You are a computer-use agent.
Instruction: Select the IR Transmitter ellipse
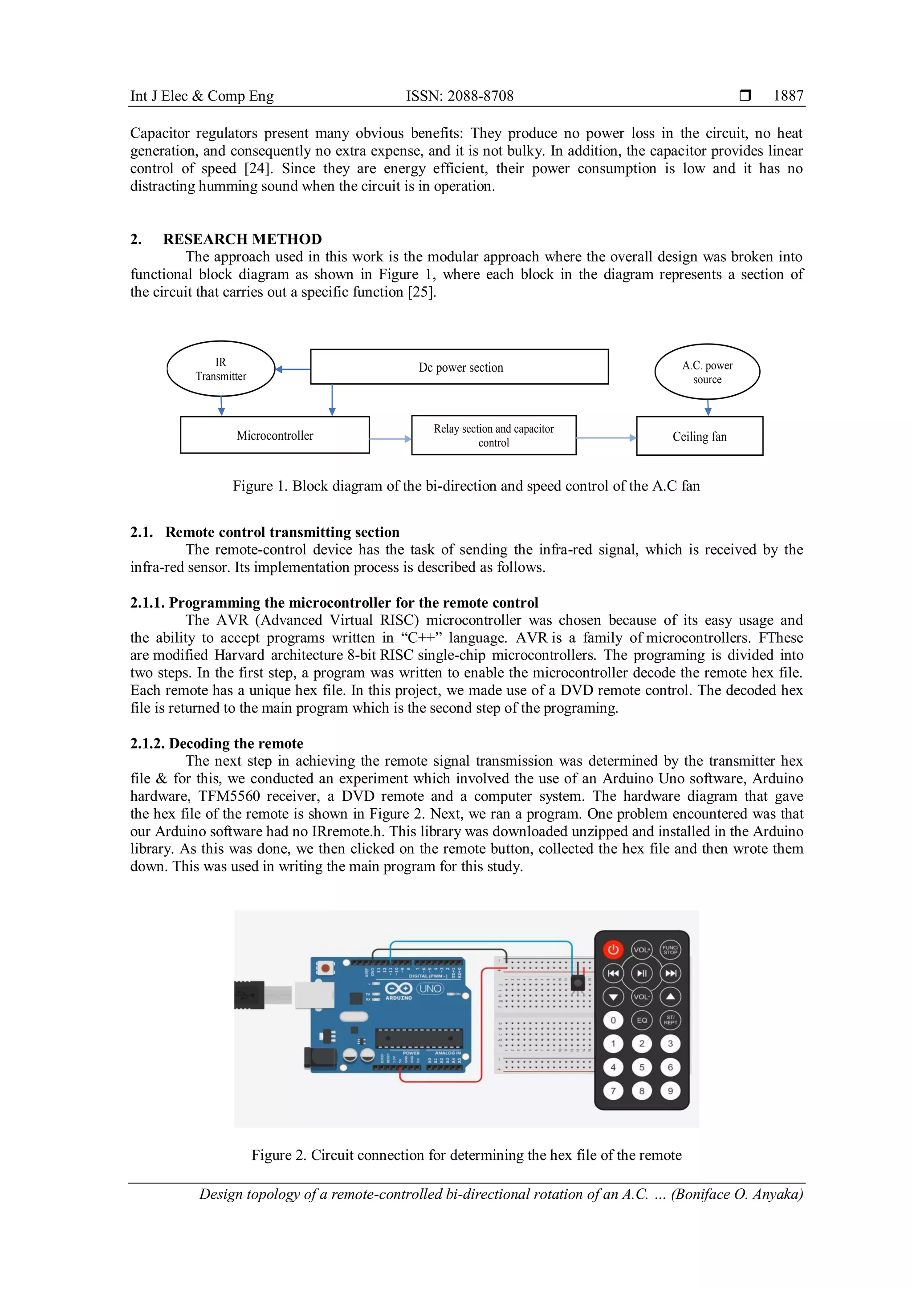(221, 369)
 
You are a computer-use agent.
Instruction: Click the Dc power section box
(460, 367)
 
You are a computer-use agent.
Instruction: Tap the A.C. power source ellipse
(707, 372)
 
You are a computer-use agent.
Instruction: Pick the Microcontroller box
(275, 435)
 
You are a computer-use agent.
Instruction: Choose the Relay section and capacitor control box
(493, 436)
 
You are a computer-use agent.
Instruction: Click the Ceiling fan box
(699, 436)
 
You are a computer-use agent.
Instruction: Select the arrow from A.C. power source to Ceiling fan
(708, 408)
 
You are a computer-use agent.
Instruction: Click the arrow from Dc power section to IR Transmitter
(293, 369)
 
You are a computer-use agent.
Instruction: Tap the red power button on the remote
(613, 949)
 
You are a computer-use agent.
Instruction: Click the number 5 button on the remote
(641, 1067)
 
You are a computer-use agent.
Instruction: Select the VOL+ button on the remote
(641, 949)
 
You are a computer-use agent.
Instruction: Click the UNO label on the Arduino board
(430, 989)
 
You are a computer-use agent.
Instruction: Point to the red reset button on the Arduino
(325, 968)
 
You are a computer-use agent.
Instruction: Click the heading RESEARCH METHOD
(242, 239)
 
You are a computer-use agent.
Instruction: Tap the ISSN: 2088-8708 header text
(460, 96)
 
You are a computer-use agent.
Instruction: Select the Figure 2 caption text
(466, 1155)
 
